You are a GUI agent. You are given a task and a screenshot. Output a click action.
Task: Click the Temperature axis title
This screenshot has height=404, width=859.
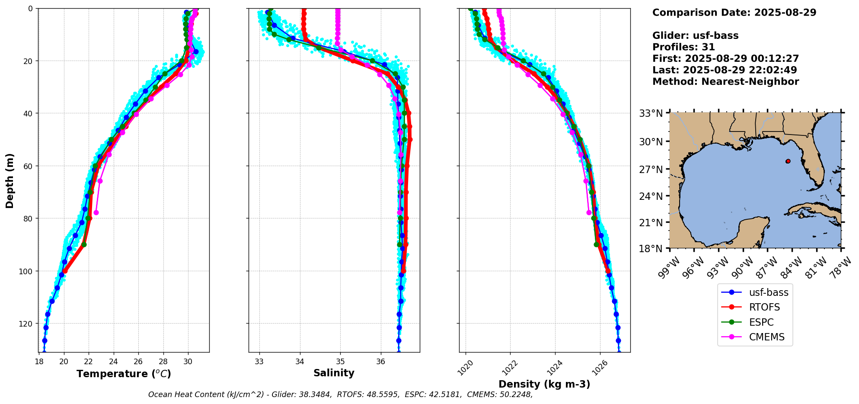pyautogui.click(x=124, y=374)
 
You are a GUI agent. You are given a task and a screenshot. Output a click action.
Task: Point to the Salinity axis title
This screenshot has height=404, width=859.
pyautogui.click(x=334, y=373)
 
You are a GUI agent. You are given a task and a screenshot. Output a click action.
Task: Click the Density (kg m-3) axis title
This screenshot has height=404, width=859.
pyautogui.click(x=544, y=384)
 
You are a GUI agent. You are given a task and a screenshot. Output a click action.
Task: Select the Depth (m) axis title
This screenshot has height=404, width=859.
pyautogui.click(x=10, y=180)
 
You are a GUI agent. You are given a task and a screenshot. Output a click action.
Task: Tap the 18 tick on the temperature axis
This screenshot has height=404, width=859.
pyautogui.click(x=39, y=361)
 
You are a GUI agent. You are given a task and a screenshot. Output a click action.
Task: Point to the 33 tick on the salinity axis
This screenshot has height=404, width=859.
pyautogui.click(x=259, y=361)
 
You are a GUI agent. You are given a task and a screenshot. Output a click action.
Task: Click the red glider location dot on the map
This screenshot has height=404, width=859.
pyautogui.click(x=788, y=161)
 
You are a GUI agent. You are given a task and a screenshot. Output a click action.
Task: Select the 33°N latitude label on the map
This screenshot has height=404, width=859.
pyautogui.click(x=651, y=113)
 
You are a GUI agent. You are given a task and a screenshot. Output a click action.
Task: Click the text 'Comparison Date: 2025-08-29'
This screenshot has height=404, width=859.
pyautogui.click(x=734, y=13)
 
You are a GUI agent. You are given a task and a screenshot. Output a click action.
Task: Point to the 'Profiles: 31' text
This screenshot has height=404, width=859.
pyautogui.click(x=683, y=47)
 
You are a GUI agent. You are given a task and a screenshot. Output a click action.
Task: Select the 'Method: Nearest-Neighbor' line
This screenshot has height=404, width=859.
pyautogui.click(x=725, y=82)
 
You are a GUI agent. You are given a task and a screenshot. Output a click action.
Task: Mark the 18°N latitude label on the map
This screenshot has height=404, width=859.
pyautogui.click(x=651, y=249)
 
